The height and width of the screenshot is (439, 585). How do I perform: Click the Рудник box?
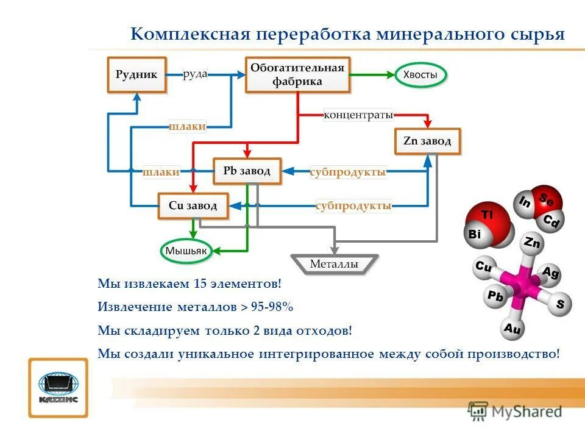pyautogui.click(x=136, y=75)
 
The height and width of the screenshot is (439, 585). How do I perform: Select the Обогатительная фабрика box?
pyautogui.click(x=297, y=75)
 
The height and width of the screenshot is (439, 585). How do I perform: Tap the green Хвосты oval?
pyautogui.click(x=420, y=75)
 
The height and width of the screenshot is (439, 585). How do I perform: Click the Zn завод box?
pyautogui.click(x=427, y=141)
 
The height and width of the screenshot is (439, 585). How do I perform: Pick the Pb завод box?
pyautogui.click(x=247, y=171)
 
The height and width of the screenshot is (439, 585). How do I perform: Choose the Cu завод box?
pyautogui.click(x=193, y=206)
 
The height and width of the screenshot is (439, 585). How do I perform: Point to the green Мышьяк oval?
pyautogui.click(x=186, y=251)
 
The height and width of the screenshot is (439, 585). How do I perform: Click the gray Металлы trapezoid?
pyautogui.click(x=334, y=264)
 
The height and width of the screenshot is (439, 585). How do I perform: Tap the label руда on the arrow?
pyautogui.click(x=196, y=74)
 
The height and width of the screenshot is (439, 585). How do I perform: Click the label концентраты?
pyautogui.click(x=358, y=115)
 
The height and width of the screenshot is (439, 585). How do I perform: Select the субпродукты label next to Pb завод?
pyautogui.click(x=348, y=173)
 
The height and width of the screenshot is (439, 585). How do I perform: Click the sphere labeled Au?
pyautogui.click(x=512, y=329)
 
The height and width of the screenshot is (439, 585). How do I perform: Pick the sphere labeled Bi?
pyautogui.click(x=475, y=234)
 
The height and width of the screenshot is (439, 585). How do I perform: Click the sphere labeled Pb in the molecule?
pyautogui.click(x=495, y=297)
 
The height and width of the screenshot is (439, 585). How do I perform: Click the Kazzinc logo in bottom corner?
pyautogui.click(x=58, y=387)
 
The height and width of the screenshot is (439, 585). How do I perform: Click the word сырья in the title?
pyautogui.click(x=537, y=34)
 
